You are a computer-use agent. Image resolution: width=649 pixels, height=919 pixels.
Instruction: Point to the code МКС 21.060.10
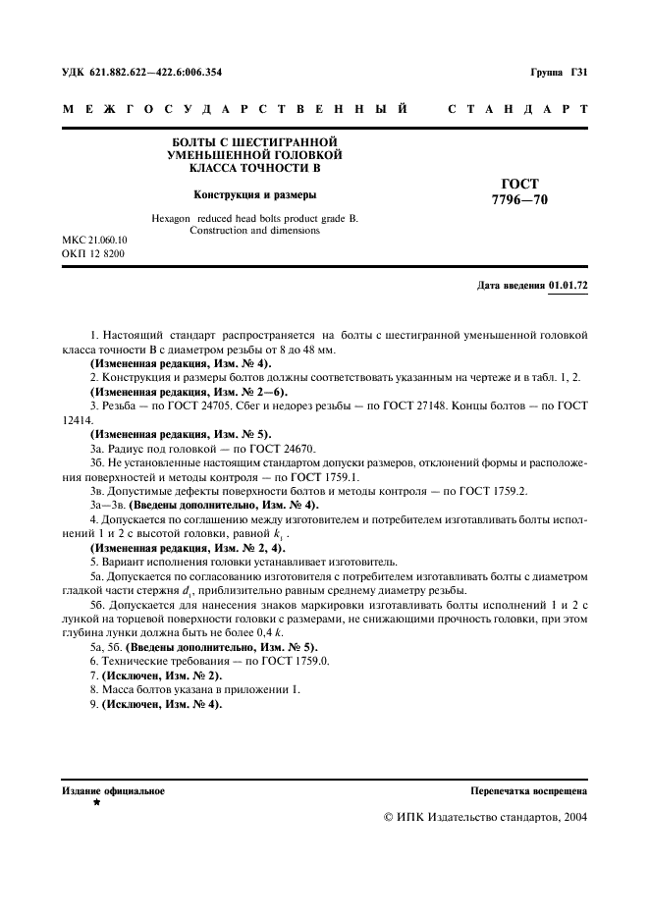tap(87, 240)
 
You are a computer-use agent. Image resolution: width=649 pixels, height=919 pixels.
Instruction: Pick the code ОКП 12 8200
tap(85, 254)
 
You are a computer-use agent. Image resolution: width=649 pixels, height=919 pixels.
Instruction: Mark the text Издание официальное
tap(113, 790)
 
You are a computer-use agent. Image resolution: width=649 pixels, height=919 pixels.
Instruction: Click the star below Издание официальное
tap(96, 803)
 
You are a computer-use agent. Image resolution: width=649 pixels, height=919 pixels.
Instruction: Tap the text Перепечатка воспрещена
tap(528, 790)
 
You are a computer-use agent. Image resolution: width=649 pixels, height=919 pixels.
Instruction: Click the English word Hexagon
tap(173, 217)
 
